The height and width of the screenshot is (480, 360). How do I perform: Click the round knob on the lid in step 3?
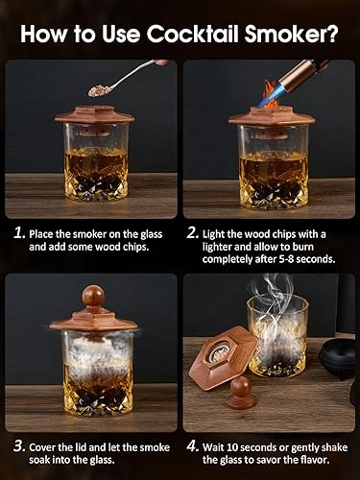93,295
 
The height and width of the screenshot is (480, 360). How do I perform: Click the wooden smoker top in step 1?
93,116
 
